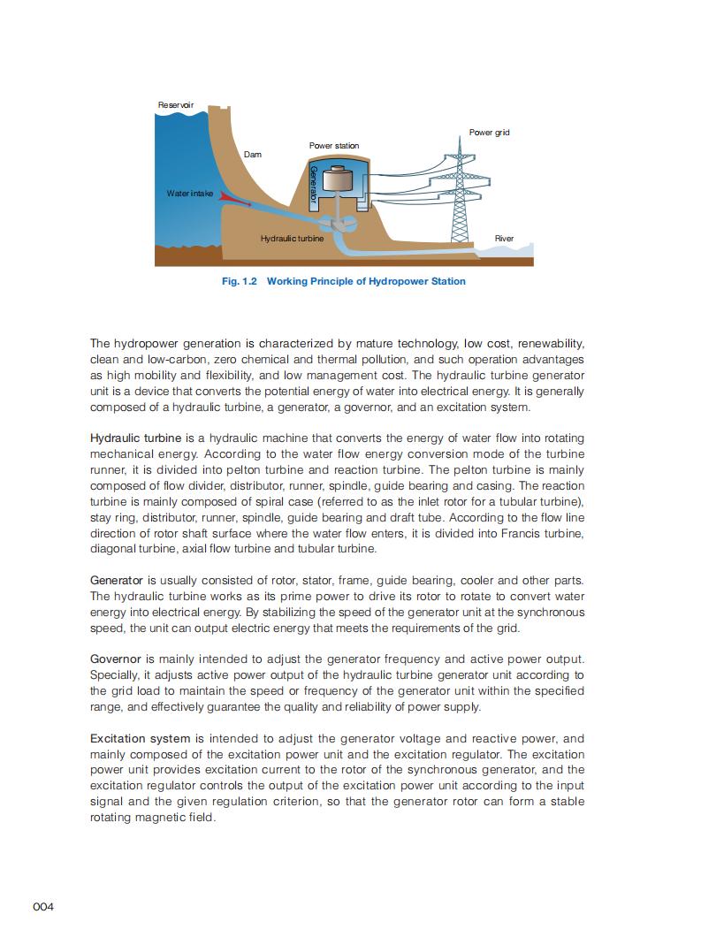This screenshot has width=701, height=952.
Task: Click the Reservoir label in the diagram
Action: click(x=175, y=106)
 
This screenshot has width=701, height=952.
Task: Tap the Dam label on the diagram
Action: click(x=253, y=155)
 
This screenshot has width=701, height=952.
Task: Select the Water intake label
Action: click(x=190, y=193)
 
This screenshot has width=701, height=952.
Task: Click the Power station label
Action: click(x=334, y=145)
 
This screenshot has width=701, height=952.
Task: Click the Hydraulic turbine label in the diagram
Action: click(x=292, y=239)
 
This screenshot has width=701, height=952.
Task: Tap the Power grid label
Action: click(x=489, y=133)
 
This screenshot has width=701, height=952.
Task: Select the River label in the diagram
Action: click(x=504, y=239)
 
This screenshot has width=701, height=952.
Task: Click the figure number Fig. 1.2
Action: click(x=238, y=281)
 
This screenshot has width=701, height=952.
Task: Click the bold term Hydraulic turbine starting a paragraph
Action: click(x=135, y=438)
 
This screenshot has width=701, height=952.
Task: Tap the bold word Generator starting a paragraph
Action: click(x=117, y=580)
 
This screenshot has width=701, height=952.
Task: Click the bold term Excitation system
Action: click(x=140, y=738)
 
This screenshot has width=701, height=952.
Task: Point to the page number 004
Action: click(x=44, y=907)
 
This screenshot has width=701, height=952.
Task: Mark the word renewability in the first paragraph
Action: click(x=551, y=343)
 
